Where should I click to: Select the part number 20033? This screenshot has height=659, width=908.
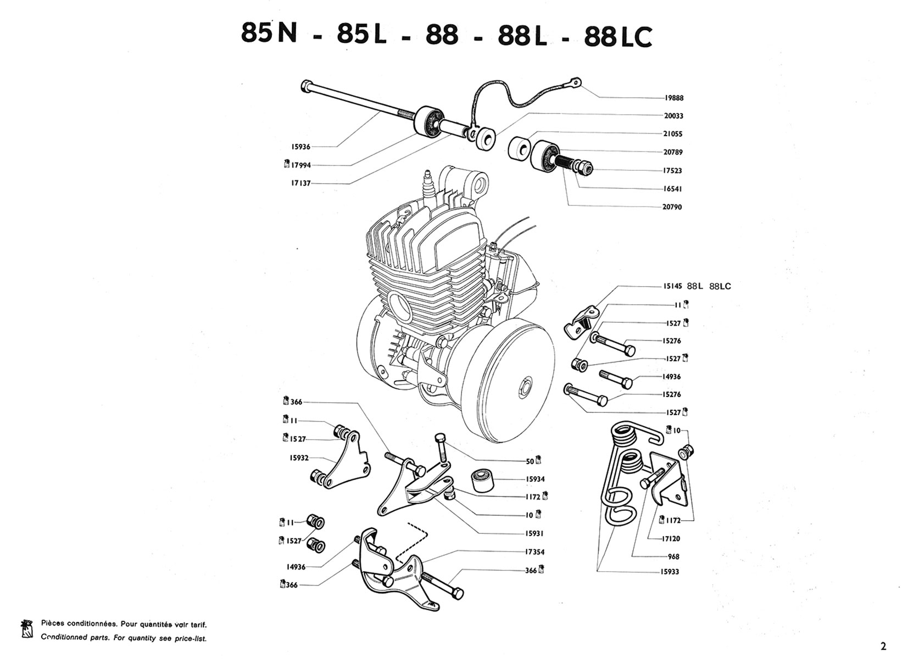pos(673,116)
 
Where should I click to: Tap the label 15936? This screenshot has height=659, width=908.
pos(300,147)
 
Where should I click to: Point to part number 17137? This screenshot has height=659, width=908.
pos(300,183)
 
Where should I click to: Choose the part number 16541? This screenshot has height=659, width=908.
pos(673,189)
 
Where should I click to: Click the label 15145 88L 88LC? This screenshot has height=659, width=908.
pos(697,286)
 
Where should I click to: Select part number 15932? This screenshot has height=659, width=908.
pos(299,457)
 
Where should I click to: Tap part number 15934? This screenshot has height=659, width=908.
pos(535,479)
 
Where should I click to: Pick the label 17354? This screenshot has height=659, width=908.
pos(535,552)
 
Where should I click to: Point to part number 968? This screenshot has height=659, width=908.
pos(673,556)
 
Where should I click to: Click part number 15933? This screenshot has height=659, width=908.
pos(670,572)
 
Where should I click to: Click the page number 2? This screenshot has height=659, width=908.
pos(884,646)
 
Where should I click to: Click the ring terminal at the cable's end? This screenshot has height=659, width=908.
pos(575,82)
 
